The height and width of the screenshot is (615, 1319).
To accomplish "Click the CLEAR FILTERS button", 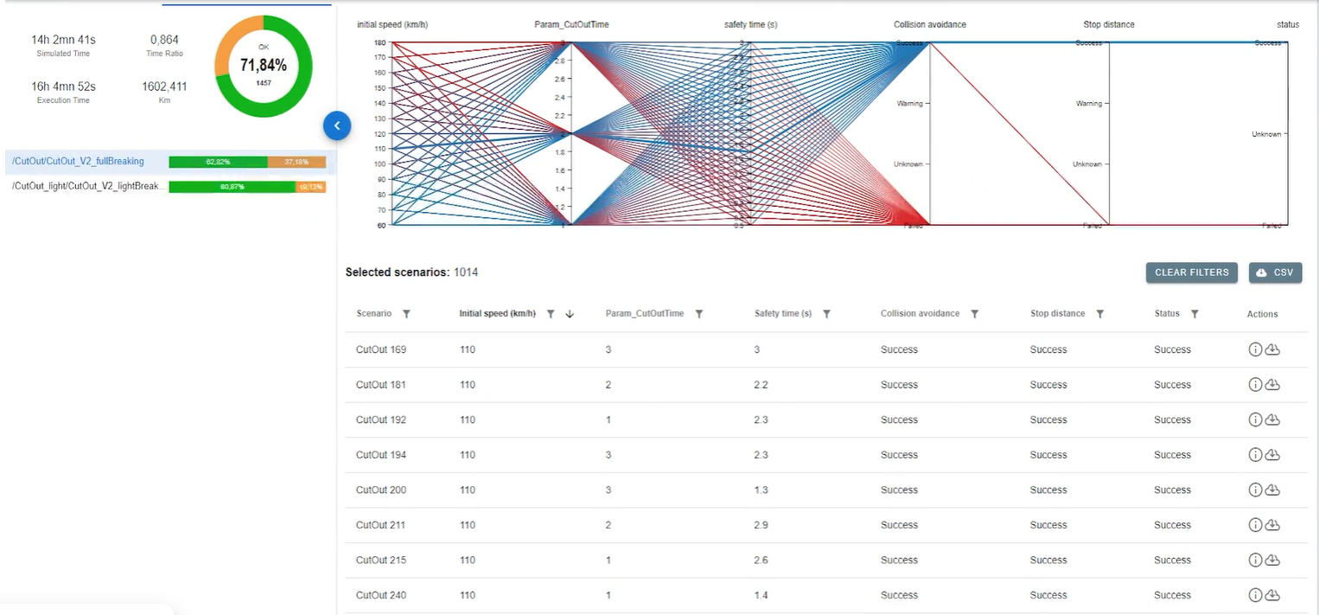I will (1191, 272).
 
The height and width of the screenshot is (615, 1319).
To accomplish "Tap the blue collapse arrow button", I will (337, 125).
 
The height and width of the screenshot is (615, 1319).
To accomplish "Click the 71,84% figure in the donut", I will (264, 65).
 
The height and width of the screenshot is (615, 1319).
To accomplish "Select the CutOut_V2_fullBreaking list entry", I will (78, 162).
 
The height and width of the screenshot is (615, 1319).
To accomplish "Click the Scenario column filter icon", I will (406, 314).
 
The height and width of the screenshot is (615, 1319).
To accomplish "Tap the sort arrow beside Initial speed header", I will (570, 314).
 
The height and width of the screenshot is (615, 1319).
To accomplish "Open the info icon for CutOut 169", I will (1255, 349).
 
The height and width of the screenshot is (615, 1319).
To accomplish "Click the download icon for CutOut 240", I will (1272, 595).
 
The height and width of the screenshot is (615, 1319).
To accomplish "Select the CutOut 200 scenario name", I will (380, 490).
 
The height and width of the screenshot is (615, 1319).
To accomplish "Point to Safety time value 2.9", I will (761, 525).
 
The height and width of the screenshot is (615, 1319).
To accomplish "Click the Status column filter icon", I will (1195, 314).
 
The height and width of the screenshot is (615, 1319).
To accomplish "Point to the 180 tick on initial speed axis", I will (379, 42).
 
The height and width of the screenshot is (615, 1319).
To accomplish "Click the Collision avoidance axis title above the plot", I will (929, 25).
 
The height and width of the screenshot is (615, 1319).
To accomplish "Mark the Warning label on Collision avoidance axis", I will (909, 104).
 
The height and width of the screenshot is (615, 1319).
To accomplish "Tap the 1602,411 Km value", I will (164, 86).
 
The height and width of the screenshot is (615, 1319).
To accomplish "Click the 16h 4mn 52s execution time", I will (63, 86).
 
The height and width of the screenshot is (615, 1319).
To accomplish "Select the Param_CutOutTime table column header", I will (644, 314).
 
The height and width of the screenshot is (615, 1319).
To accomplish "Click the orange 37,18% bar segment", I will (296, 162).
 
